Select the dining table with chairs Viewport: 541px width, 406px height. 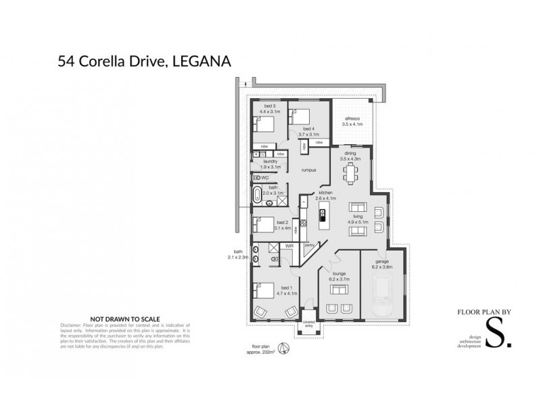click(x=350, y=174)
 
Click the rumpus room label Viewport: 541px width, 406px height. click(x=309, y=170)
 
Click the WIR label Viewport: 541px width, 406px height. click(x=289, y=247)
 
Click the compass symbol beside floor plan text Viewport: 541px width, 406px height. click(x=285, y=349)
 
